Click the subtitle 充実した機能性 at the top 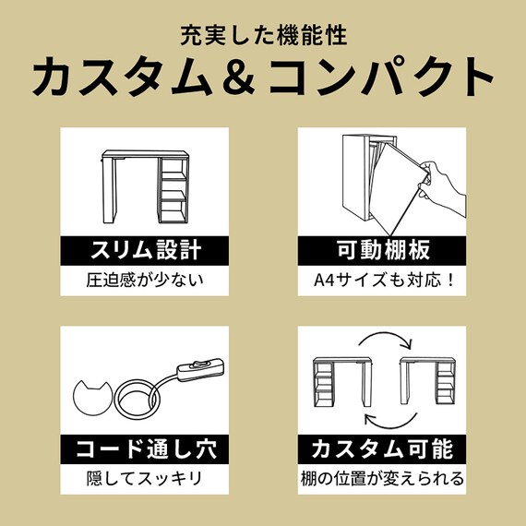pos(263,40)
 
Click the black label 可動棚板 pos(381,249)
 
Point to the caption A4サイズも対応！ pos(381,278)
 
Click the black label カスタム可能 pos(381,450)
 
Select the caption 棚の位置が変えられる pos(381,479)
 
